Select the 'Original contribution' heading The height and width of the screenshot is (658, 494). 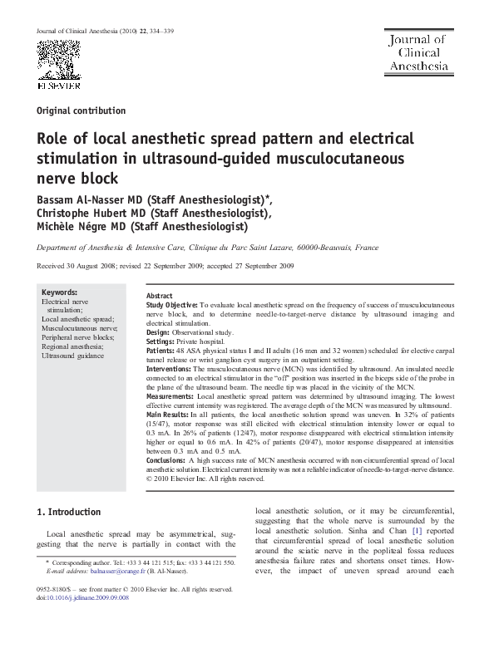click(82, 110)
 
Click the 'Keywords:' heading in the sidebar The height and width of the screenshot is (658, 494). click(59, 292)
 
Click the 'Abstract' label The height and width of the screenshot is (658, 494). click(159, 296)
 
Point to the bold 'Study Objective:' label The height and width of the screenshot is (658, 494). click(171, 306)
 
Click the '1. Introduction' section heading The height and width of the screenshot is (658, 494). click(71, 512)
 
